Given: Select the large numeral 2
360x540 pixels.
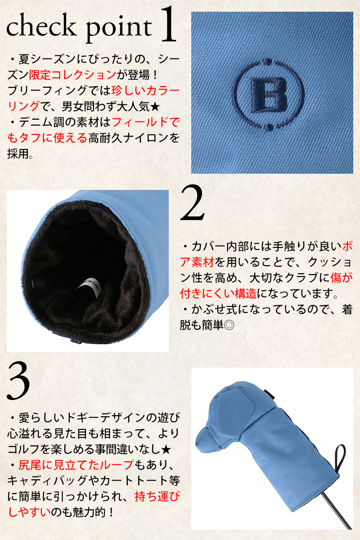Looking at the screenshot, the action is pyautogui.click(x=192, y=202).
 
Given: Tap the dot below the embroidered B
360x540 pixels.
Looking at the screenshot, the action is pyautogui.click(x=268, y=127).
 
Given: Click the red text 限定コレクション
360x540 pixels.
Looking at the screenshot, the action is pyautogui.click(x=72, y=75).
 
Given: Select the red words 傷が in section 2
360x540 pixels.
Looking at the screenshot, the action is pyautogui.click(x=342, y=278).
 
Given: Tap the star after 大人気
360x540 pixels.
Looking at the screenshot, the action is pyautogui.click(x=155, y=106).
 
